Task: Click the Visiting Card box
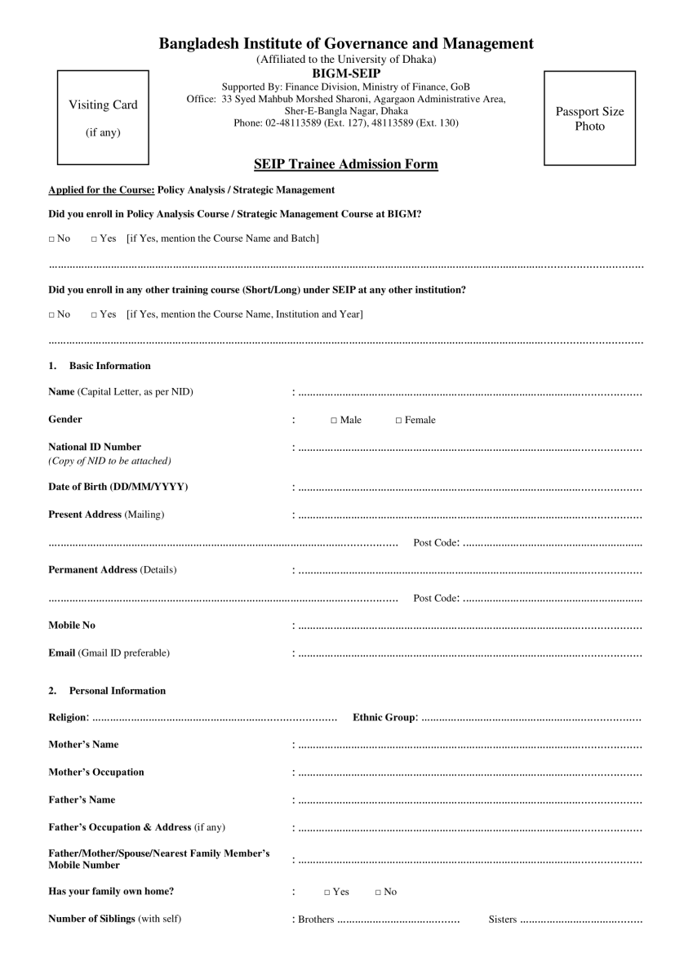[103, 118]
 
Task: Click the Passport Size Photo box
[589, 118]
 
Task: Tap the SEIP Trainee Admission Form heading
[346, 164]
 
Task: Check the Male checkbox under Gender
[335, 421]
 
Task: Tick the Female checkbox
[399, 421]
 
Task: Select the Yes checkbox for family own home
[327, 893]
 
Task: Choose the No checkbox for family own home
[379, 893]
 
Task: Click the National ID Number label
[95, 447]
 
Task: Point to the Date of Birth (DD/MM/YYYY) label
[118, 488]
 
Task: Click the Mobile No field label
[72, 625]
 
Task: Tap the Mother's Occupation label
[96, 772]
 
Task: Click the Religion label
[68, 717]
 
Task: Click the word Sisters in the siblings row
[502, 920]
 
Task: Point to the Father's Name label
[82, 800]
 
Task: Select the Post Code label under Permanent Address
[436, 599]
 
